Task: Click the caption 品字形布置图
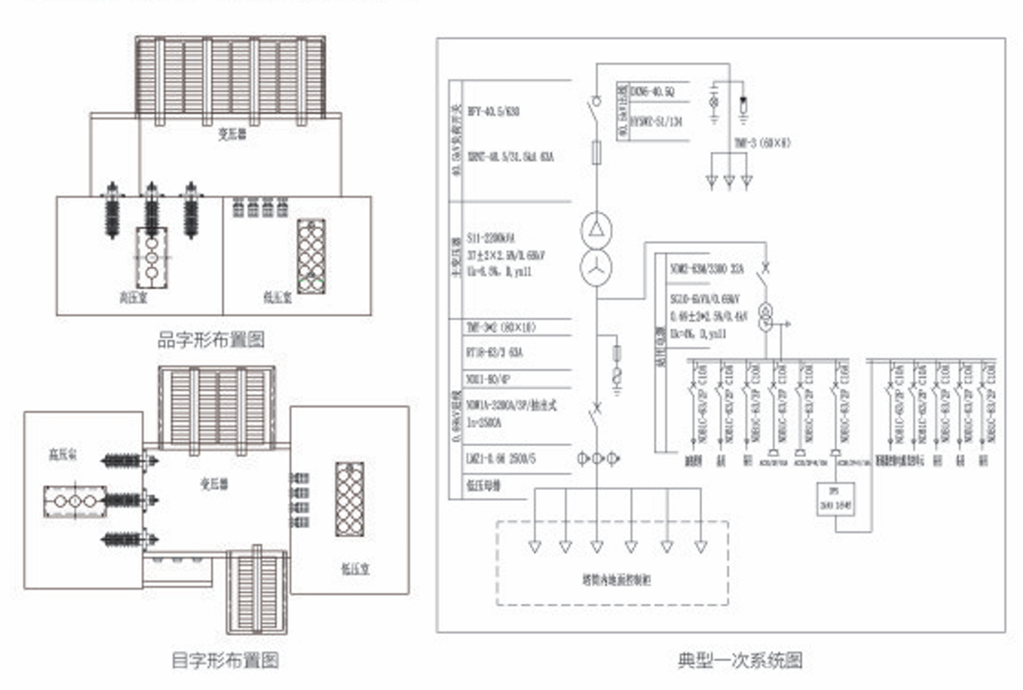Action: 211,340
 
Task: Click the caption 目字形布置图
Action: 224,660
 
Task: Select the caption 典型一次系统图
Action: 740,660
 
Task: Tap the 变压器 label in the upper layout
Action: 214,133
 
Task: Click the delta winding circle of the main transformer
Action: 596,227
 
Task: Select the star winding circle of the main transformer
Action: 596,268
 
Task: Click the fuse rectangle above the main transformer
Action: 596,153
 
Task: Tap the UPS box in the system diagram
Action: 835,499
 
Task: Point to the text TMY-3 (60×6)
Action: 762,143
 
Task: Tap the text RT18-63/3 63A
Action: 496,352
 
